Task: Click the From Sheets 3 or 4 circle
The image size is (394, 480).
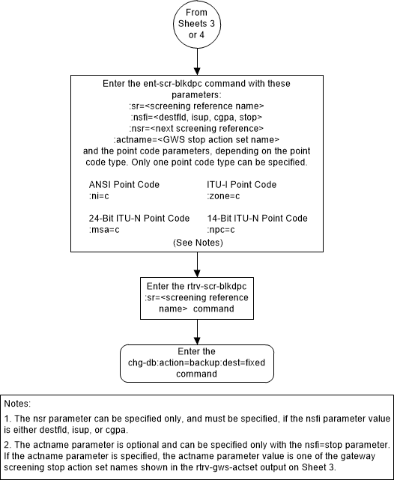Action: coord(198,24)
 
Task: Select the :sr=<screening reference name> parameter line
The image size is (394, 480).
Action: coord(197,106)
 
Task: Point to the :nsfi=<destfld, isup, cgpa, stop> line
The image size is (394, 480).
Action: coord(197,117)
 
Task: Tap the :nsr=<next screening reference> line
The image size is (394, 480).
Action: coord(197,128)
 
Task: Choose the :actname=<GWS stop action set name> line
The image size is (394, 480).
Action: coord(197,139)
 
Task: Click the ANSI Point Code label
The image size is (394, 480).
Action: coord(124,184)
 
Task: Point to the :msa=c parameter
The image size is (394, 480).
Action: coord(105,229)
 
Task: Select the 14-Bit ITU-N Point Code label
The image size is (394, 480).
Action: coord(257,218)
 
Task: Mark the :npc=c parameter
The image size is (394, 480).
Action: coord(222,229)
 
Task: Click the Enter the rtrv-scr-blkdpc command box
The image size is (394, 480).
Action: coord(197,296)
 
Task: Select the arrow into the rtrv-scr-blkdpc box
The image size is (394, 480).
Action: coord(198,267)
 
